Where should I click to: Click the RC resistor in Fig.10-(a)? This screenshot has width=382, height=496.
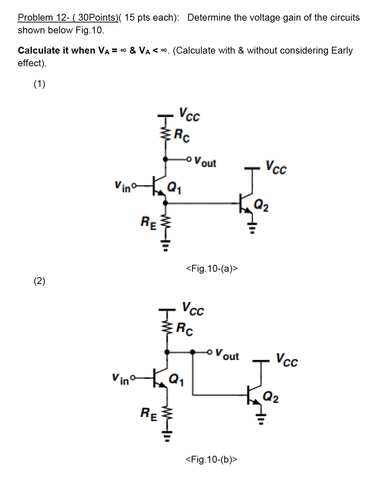pos(166,133)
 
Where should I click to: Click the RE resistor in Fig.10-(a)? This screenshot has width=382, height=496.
pos(165,222)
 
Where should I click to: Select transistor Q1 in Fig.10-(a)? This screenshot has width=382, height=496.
pos(160,186)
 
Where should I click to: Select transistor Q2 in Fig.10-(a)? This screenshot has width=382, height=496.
pos(246,203)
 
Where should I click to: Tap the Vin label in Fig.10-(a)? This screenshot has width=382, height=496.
pos(122,187)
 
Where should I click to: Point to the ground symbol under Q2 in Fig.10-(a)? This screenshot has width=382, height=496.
pos(252,228)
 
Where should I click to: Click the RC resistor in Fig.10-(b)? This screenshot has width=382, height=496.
pos(167,328)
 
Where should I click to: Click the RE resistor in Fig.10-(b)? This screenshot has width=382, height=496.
pos(167,413)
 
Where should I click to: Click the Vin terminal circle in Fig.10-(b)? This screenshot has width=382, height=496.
pos(132,378)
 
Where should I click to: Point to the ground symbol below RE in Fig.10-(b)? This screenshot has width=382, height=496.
pos(167,436)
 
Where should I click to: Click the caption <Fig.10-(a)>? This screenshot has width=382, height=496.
pos(212,268)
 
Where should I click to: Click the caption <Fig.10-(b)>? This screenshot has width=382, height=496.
pos(211,459)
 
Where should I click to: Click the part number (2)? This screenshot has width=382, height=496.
pos(40,281)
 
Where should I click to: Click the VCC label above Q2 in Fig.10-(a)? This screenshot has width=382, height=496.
pos(276,167)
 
